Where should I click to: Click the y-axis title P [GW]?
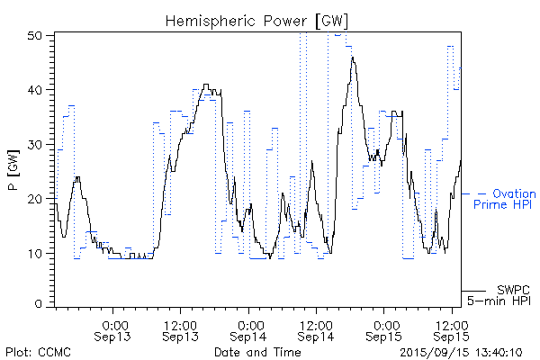point(13,168)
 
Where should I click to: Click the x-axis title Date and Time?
point(257,351)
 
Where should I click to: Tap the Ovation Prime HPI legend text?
point(505,199)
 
